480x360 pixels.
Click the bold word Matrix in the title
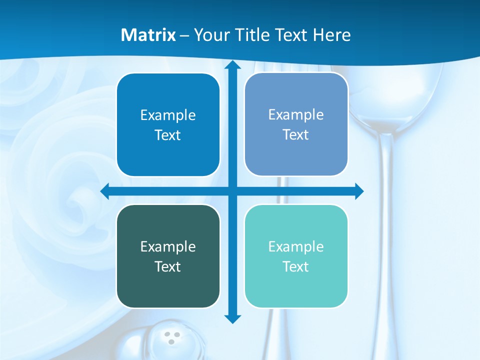[x=148, y=35]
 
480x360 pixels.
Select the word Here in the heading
[x=331, y=35]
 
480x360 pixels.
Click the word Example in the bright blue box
[x=168, y=115]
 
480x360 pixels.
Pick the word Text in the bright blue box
[x=168, y=135]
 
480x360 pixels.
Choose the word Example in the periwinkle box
[x=296, y=115]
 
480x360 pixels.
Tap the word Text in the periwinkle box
[x=296, y=134]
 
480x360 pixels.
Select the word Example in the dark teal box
[x=168, y=247]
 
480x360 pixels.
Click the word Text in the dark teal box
[x=168, y=266]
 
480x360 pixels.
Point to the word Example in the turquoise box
[x=296, y=247]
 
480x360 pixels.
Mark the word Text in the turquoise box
[x=296, y=266]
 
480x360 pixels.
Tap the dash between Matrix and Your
[x=184, y=35]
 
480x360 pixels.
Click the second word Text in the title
[x=291, y=35]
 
